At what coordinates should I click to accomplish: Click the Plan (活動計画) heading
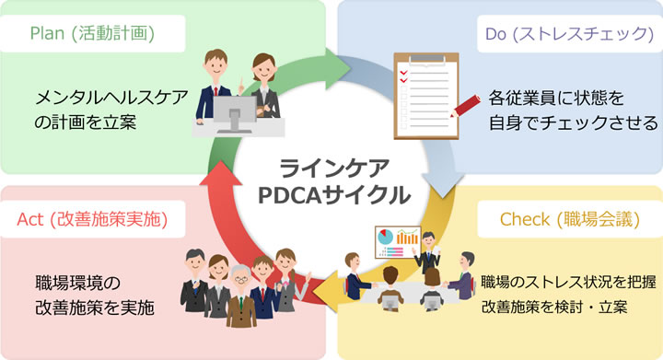(x=91, y=34)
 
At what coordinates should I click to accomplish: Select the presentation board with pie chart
(x=397, y=242)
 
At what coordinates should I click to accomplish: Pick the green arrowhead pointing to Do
(x=355, y=69)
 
